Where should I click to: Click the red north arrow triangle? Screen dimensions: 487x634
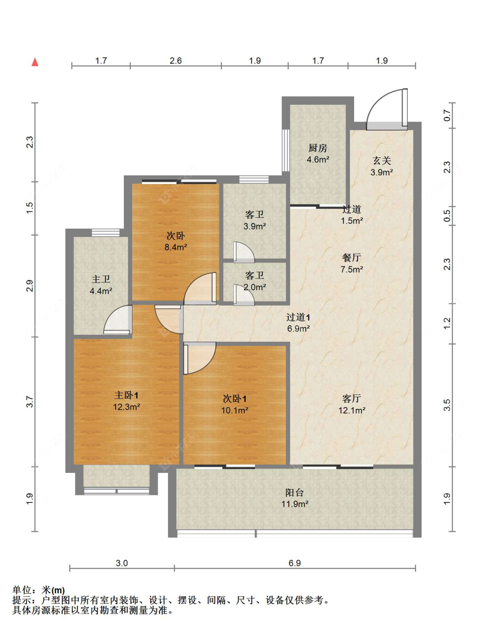click(35, 62)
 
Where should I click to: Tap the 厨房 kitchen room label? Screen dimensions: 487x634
click(318, 148)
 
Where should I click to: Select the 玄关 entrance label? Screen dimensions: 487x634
click(381, 161)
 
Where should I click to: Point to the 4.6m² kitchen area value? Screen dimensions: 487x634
click(318, 160)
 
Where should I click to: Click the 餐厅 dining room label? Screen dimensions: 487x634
click(352, 258)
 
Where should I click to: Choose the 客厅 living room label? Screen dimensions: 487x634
click(352, 398)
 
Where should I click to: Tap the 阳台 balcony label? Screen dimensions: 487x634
click(294, 492)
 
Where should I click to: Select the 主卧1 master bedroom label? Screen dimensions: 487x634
click(126, 395)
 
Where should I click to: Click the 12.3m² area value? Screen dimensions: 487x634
click(126, 407)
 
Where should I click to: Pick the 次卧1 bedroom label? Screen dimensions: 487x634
click(235, 399)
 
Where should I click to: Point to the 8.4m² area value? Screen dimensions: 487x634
click(176, 247)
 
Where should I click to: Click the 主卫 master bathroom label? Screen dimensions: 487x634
click(101, 279)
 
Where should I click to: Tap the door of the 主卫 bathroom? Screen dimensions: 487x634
click(117, 320)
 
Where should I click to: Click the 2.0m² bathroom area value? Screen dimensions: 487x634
click(255, 288)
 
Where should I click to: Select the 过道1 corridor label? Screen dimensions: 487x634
click(298, 317)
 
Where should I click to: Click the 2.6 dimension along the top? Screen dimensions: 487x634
click(176, 61)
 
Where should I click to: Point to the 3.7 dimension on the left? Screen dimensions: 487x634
click(30, 402)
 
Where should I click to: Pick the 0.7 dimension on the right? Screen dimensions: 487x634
click(447, 116)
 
